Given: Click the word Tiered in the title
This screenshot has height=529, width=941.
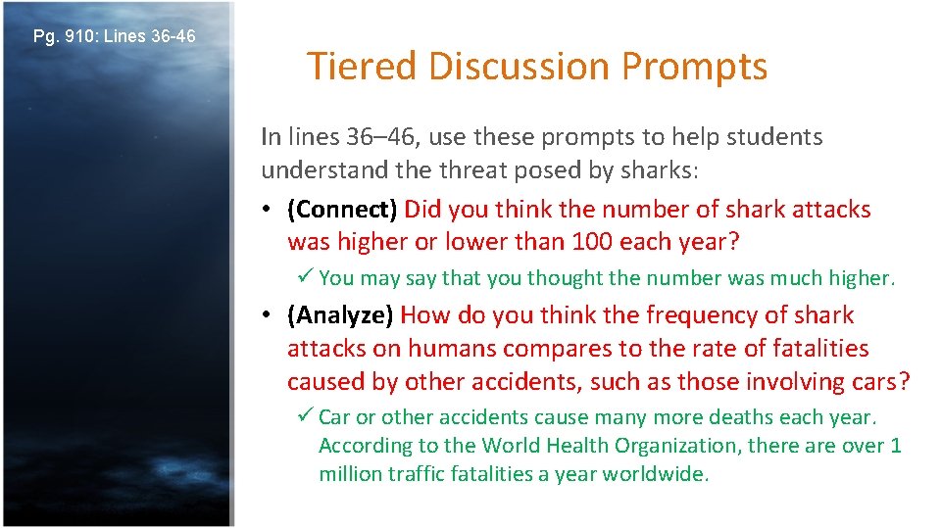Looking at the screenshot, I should click(x=363, y=67).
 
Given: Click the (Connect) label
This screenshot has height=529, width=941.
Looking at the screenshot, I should click(x=342, y=209).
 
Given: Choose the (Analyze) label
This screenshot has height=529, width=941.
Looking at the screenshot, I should click(x=340, y=315).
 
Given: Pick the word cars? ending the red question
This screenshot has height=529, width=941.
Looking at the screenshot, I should click(x=877, y=382).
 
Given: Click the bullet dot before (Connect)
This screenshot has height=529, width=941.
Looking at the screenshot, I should click(x=268, y=210).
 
